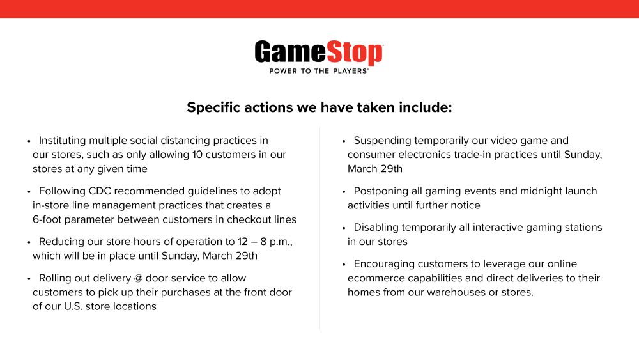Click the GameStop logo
(319, 56)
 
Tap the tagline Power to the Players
(319, 71)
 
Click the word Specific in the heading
(213, 107)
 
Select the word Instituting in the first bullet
(63, 141)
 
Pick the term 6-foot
(47, 219)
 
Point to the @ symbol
(138, 278)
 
